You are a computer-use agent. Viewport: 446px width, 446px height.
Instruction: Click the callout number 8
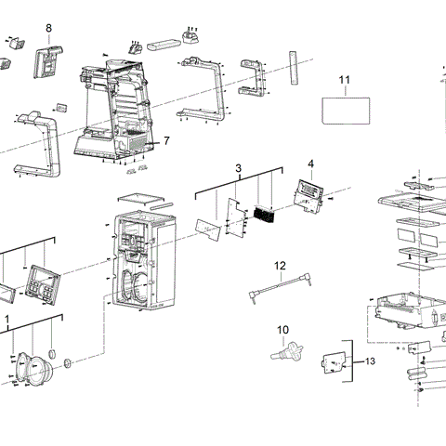point(48,29)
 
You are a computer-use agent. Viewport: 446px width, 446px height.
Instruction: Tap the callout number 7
point(166,141)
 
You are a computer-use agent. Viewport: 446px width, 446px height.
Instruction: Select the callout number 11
point(344,81)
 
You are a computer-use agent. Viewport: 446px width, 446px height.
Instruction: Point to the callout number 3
point(238,169)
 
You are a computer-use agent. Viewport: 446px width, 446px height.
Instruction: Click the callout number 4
point(310,164)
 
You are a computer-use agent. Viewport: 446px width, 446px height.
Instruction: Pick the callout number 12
point(280,266)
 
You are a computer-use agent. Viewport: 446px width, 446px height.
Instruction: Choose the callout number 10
point(282,330)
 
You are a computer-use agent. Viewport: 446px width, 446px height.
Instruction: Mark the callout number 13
point(372,361)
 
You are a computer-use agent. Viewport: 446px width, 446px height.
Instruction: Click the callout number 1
point(7,319)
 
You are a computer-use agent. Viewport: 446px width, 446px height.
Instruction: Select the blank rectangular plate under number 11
point(346,110)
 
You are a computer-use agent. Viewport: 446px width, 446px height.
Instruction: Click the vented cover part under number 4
point(309,192)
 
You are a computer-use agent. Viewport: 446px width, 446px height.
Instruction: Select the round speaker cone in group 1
point(35,368)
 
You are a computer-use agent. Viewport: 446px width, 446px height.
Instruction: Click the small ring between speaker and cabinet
point(68,363)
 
